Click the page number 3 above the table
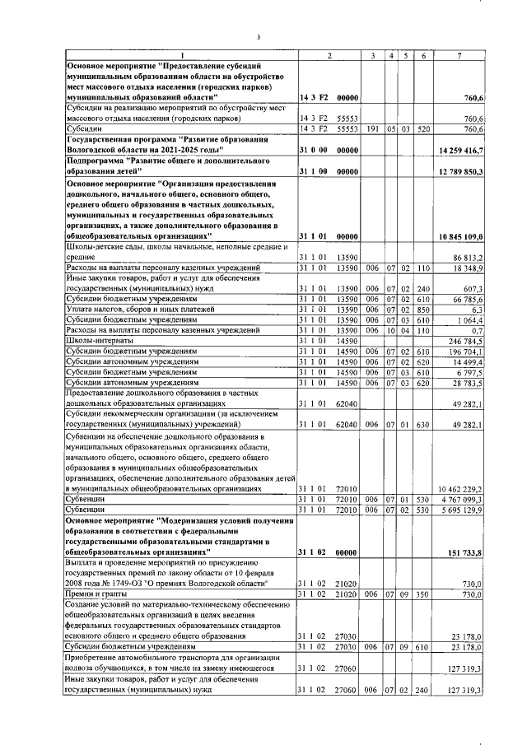coord(258,36)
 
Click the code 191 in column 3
coord(372,128)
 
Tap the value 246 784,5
coord(470,338)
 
